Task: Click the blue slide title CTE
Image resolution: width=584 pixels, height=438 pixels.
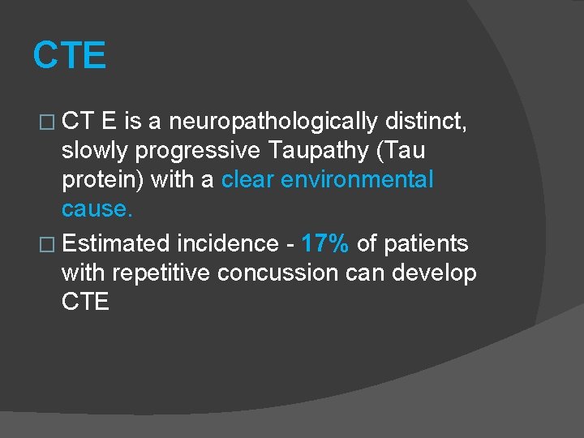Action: pyautogui.click(x=69, y=56)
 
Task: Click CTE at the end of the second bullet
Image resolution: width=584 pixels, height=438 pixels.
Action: pyautogui.click(x=85, y=302)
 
